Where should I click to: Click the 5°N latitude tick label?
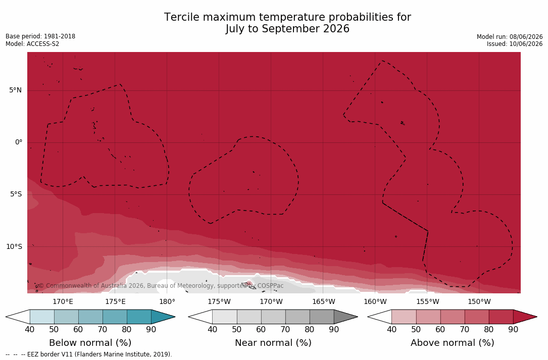pos(15,90)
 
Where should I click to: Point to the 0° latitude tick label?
pos(19,142)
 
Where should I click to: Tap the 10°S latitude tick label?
pos(14,247)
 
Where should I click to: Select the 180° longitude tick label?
pos(167,301)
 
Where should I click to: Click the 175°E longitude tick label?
pos(115,301)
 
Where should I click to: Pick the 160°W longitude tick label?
pos(375,301)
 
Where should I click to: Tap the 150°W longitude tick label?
pos(479,301)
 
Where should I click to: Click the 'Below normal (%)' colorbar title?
pos(90,342)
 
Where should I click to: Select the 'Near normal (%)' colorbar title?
pos(273,342)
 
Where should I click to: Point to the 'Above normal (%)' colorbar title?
pos(452,342)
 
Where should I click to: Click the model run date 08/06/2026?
pos(526,37)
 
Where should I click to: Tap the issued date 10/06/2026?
pos(526,44)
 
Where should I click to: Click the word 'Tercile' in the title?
pos(181,17)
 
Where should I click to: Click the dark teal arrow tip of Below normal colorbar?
pos(174,317)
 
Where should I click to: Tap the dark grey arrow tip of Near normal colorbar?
pos(357,317)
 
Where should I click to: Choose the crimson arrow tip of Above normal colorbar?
pos(536,317)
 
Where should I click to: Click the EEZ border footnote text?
pos(89,354)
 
